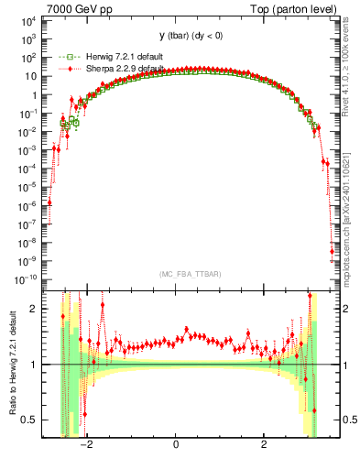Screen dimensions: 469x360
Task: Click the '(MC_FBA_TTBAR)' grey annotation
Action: point(177,273)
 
